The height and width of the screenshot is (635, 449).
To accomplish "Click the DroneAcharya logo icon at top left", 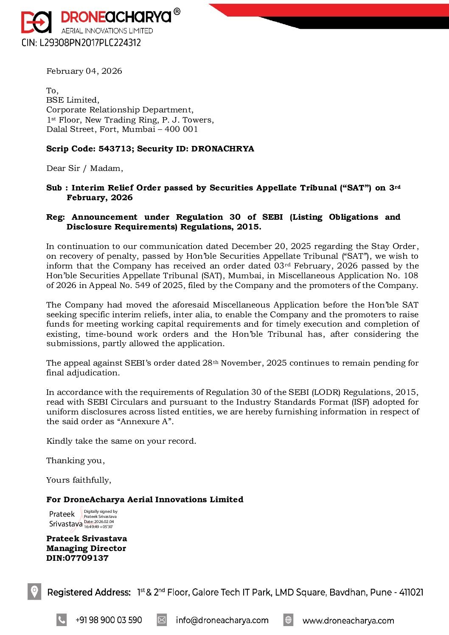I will pyautogui.click(x=36, y=22).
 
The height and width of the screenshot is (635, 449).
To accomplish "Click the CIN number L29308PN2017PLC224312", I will pyautogui.click(x=81, y=43).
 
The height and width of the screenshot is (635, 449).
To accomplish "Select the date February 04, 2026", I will pyautogui.click(x=84, y=71).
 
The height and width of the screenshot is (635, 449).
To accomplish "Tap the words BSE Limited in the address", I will pyautogui.click(x=72, y=100).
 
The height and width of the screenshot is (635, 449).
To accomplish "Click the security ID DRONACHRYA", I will pyautogui.click(x=222, y=149).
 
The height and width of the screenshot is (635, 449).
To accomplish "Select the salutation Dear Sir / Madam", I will pyautogui.click(x=84, y=168).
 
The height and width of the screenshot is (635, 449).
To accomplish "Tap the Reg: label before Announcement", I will pyautogui.click(x=56, y=217).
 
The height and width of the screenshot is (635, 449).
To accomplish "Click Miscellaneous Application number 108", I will pyautogui.click(x=411, y=276).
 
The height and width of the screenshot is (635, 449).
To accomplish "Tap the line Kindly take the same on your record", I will pyautogui.click(x=121, y=441).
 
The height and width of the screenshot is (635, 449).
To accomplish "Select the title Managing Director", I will pyautogui.click(x=86, y=548).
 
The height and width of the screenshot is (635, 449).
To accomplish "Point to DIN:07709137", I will pyautogui.click(x=77, y=558).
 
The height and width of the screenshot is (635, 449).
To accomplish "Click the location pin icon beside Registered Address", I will pyautogui.click(x=34, y=591).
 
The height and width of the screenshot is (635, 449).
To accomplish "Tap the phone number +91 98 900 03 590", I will pyautogui.click(x=109, y=620).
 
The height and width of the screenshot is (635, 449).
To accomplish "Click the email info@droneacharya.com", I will pyautogui.click(x=222, y=620).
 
